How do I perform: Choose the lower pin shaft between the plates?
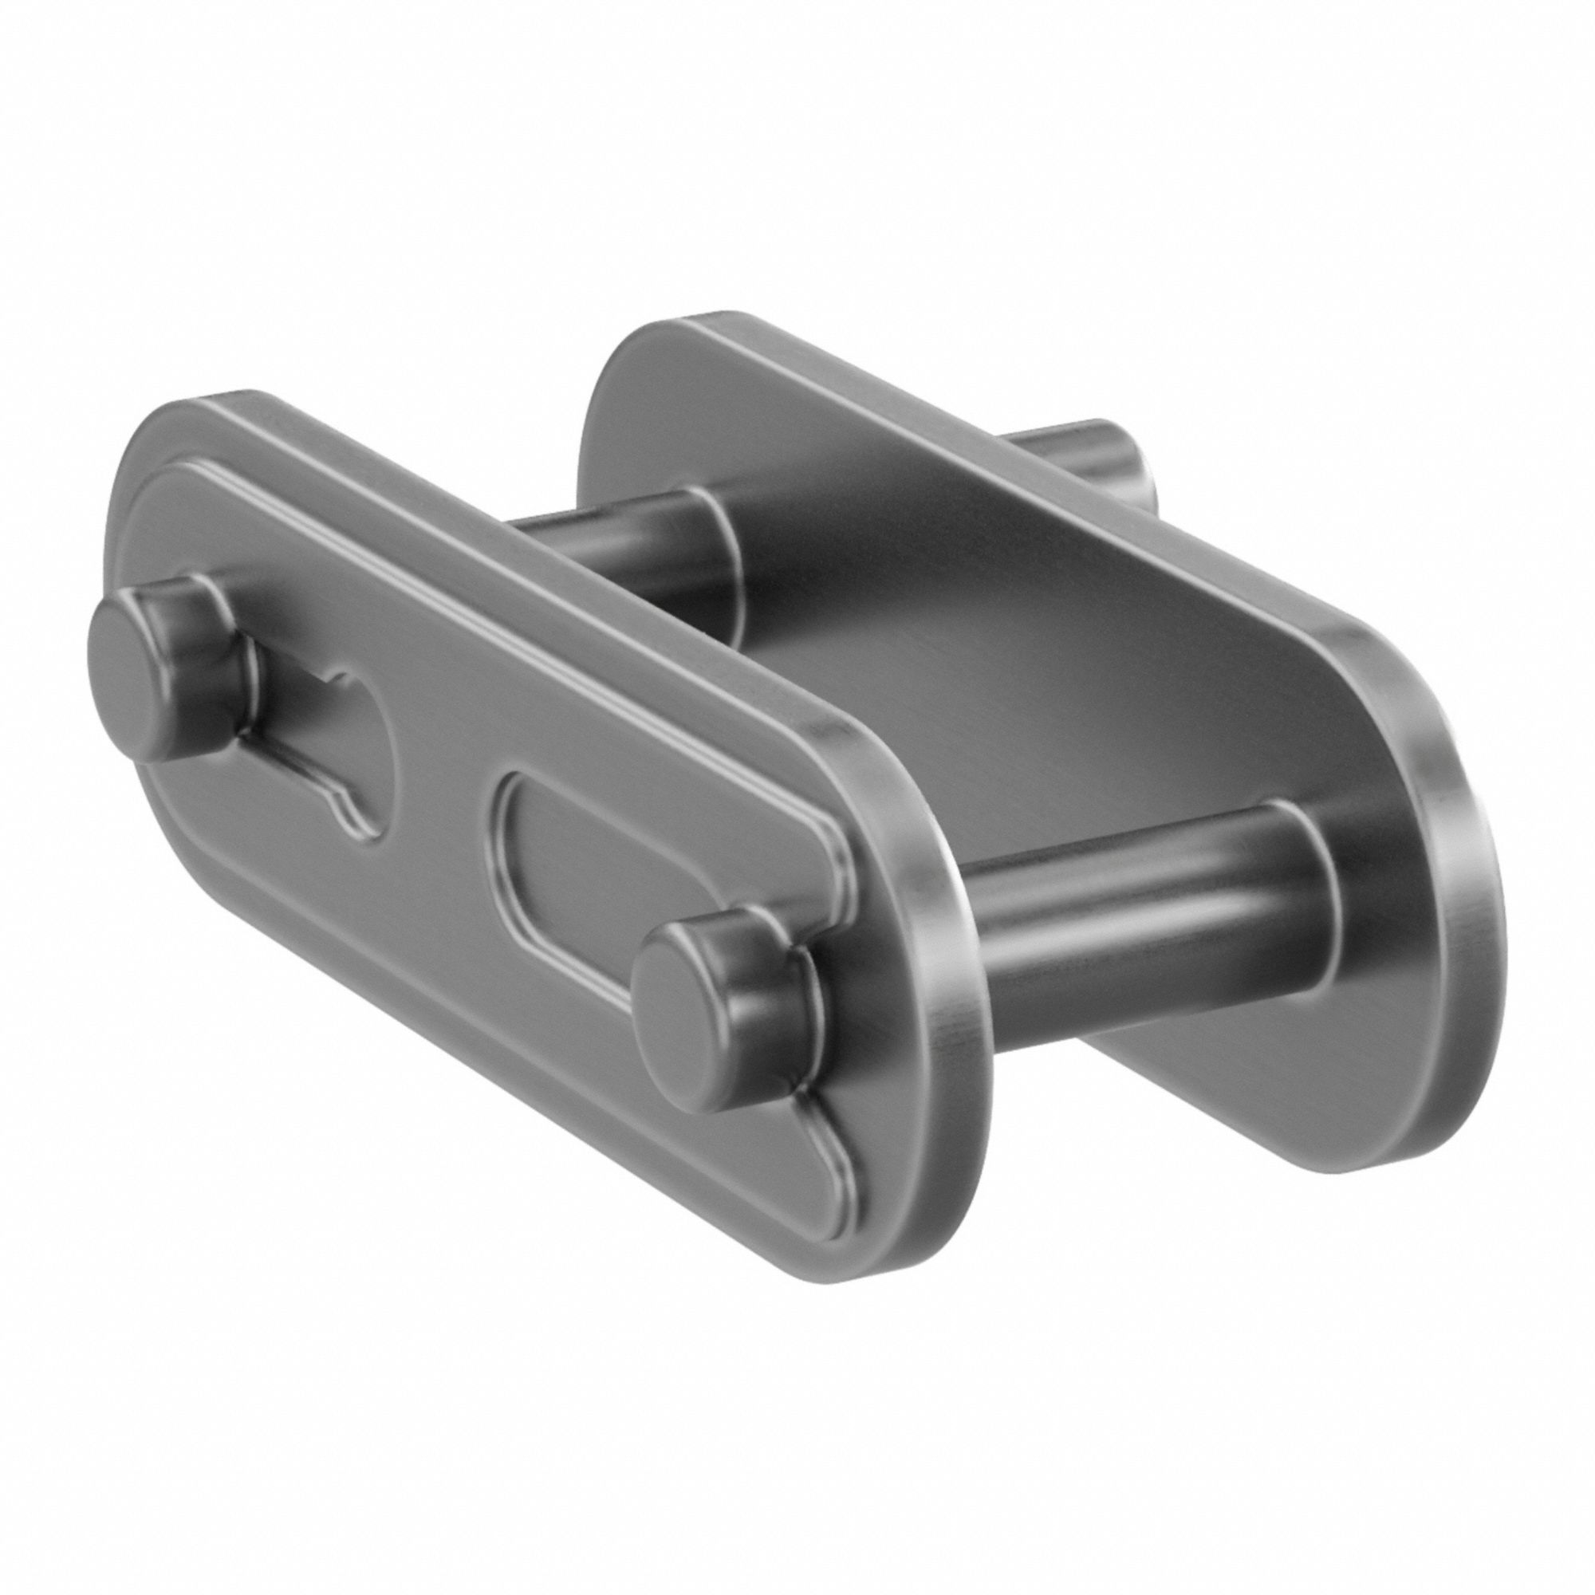[1140, 924]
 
